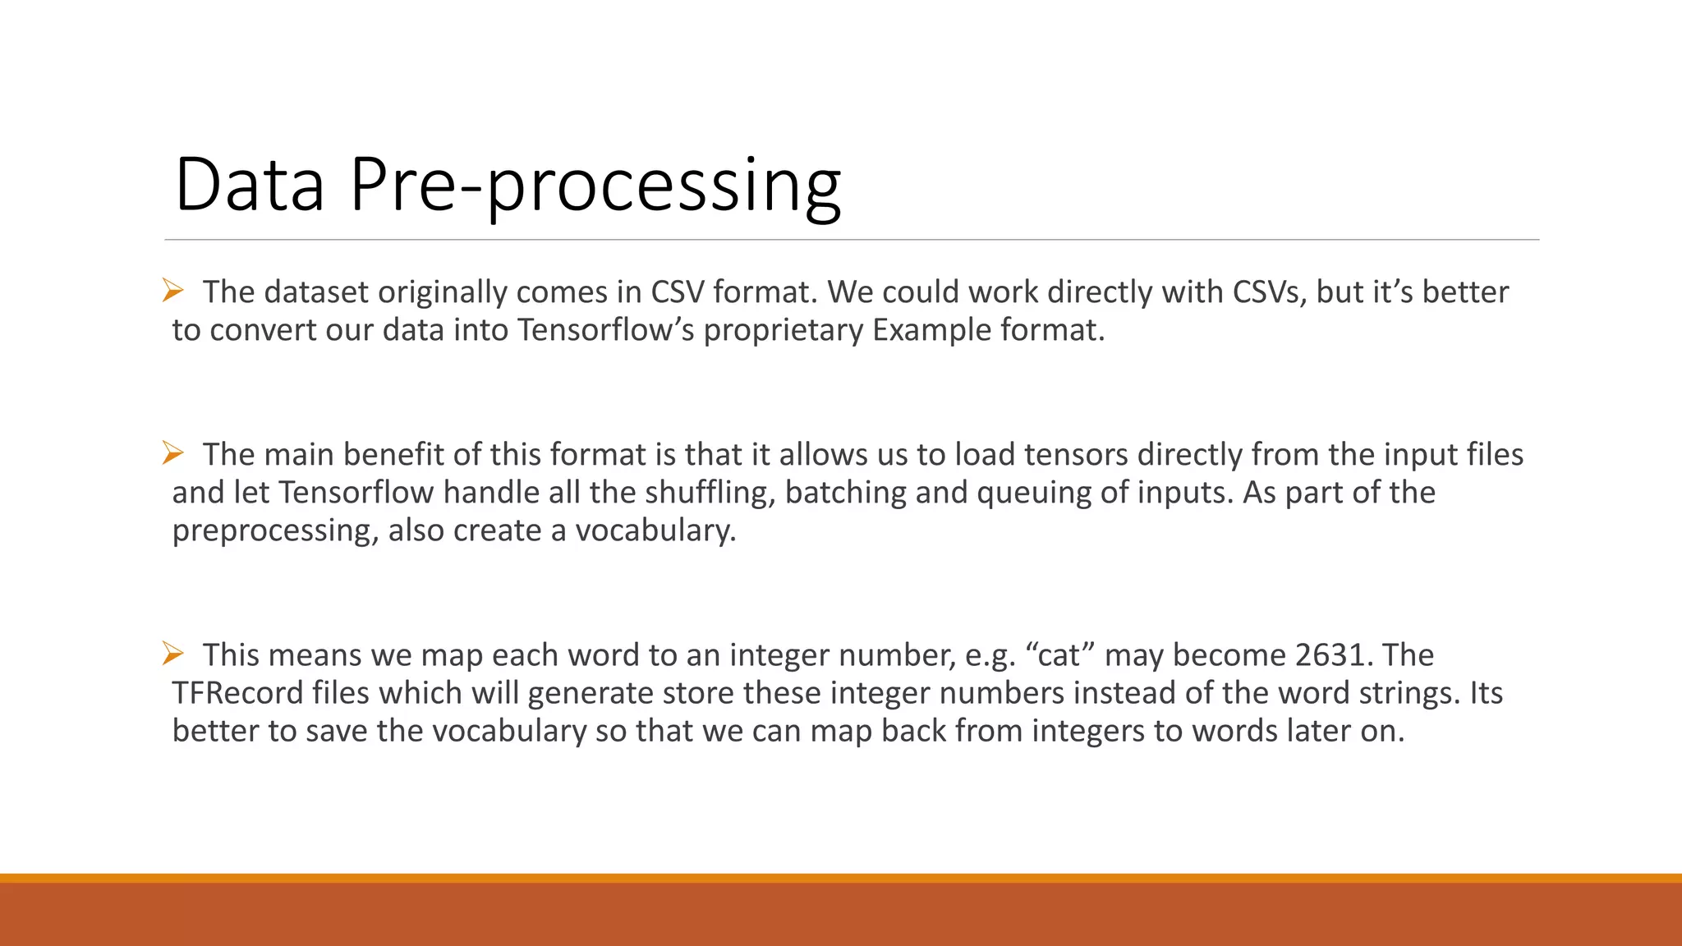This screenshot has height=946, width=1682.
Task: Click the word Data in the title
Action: [250, 185]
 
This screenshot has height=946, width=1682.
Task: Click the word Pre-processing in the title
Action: [595, 187]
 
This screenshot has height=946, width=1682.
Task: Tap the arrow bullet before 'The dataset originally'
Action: [172, 290]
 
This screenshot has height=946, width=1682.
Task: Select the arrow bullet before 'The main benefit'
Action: [172, 452]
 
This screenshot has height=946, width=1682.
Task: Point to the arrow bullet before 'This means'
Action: [172, 653]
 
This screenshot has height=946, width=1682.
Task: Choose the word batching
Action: [845, 493]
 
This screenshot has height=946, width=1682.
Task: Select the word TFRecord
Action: [237, 693]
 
